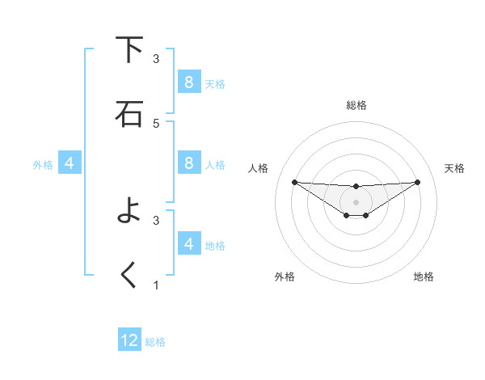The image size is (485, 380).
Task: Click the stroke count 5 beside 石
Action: (156, 123)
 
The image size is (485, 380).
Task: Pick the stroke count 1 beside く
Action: (156, 285)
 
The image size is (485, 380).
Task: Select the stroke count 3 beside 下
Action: (156, 59)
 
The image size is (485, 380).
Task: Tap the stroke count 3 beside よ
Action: (156, 220)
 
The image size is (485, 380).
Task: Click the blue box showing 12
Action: (129, 340)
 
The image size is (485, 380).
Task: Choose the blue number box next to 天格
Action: (188, 82)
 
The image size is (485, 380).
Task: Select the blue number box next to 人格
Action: (188, 163)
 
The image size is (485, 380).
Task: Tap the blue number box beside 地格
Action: (188, 244)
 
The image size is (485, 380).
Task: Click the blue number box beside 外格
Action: (70, 163)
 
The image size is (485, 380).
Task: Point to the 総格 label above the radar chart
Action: (356, 105)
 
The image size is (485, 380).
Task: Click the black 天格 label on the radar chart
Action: (454, 168)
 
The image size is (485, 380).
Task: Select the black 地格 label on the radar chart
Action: (424, 277)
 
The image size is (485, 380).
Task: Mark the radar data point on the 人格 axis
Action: (294, 182)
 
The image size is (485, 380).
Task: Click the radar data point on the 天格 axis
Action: (417, 182)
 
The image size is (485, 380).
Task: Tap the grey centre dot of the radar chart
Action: (356, 201)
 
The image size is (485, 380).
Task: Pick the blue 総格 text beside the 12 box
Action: (155, 342)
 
